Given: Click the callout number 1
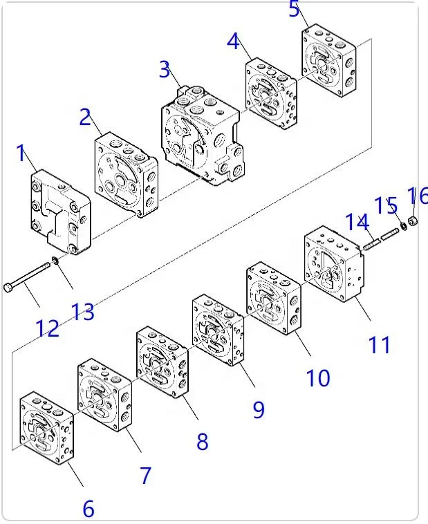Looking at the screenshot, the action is [x=21, y=153].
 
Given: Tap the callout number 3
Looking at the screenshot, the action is [x=165, y=70].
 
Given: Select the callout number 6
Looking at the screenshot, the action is [x=89, y=509].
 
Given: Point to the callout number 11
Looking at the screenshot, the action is [x=379, y=345].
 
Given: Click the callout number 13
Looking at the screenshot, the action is [x=82, y=312].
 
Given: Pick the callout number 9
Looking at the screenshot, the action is [x=259, y=409].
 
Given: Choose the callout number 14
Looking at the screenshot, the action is [x=357, y=222].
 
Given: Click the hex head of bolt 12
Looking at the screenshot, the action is [x=8, y=288].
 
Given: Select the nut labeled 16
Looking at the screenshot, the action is [x=413, y=221].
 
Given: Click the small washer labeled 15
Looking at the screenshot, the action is [x=404, y=226].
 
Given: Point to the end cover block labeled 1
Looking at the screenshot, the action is [x=61, y=212].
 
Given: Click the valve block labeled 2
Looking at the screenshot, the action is [x=127, y=175].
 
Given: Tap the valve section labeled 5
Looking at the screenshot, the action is [x=328, y=60].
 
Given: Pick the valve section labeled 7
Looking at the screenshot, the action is [x=104, y=395].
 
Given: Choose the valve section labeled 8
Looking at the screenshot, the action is [x=162, y=363].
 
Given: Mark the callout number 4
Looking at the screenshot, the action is [x=234, y=41].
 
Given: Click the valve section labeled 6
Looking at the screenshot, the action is [x=47, y=428].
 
